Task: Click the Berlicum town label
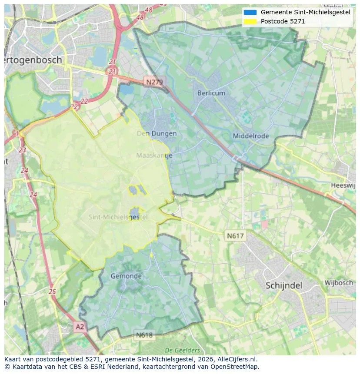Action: click(211, 93)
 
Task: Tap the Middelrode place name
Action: click(251, 136)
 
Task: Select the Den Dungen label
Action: click(157, 133)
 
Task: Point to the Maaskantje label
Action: click(154, 155)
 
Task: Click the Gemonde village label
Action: click(126, 276)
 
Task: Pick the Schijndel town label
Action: click(283, 285)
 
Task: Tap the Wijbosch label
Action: click(339, 283)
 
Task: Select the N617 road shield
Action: click(235, 236)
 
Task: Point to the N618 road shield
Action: click(144, 335)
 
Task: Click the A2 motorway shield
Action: click(80, 326)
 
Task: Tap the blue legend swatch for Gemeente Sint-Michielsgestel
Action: click(250, 13)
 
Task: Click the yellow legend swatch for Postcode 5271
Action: click(250, 21)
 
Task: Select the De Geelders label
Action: click(183, 350)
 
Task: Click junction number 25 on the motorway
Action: click(53, 292)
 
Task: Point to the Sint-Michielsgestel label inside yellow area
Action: click(118, 217)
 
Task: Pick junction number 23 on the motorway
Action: click(22, 150)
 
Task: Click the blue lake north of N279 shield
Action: click(127, 89)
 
